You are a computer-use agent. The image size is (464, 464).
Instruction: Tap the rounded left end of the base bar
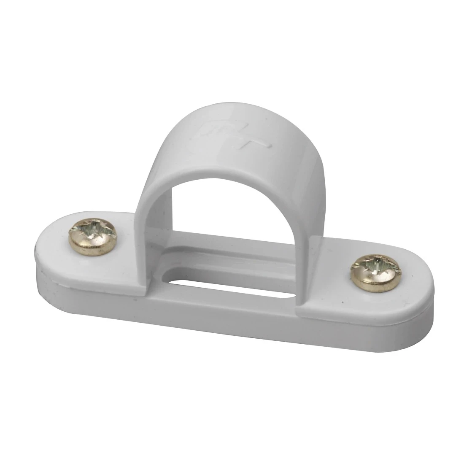(46, 253)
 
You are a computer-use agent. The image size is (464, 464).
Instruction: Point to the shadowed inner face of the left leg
(167, 219)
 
